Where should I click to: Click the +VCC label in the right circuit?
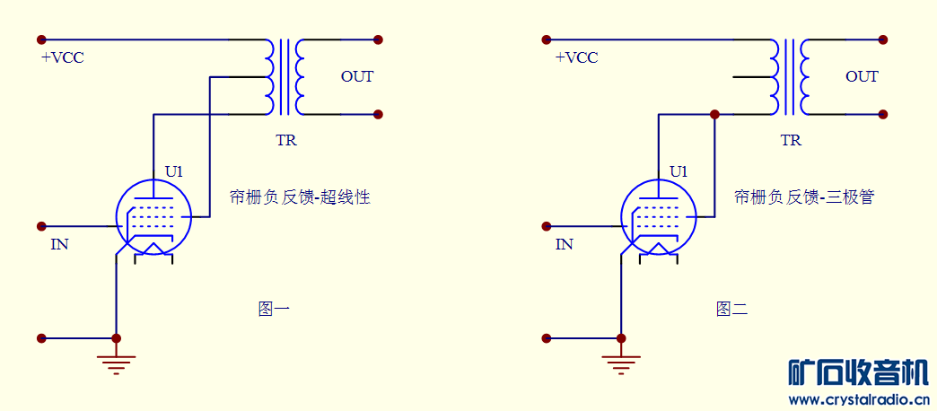point(576,58)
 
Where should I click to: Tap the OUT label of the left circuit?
point(356,76)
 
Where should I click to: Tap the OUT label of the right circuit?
point(862,76)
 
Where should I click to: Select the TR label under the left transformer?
point(286,141)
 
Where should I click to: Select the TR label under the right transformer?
point(791,141)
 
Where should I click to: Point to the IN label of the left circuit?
point(59,244)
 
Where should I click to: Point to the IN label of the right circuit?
point(564,244)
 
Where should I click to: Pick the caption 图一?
point(274,310)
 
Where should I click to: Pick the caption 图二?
point(731,310)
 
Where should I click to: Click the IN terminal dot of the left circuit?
point(41,226)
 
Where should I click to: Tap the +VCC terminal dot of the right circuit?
point(546,39)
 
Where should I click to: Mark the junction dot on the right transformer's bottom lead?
point(714,115)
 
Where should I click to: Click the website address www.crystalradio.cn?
point(858,399)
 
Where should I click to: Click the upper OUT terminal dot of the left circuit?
point(378,39)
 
